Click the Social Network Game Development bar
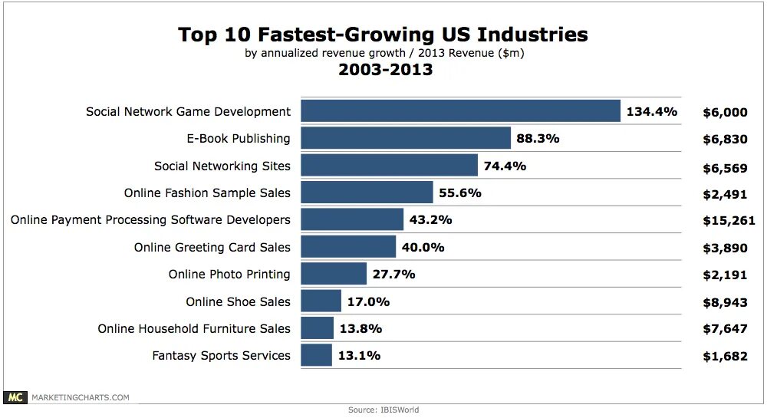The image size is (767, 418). pyautogui.click(x=460, y=111)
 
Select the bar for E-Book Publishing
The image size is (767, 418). pyautogui.click(x=406, y=139)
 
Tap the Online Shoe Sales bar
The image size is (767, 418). pyautogui.click(x=321, y=301)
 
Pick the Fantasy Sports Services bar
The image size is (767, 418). pyautogui.click(x=316, y=355)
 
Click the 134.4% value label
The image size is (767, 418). pyautogui.click(x=652, y=112)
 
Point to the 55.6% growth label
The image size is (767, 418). pyautogui.click(x=461, y=193)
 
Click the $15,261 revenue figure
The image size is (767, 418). pyautogui.click(x=725, y=220)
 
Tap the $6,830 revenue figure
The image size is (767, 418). pyautogui.click(x=725, y=140)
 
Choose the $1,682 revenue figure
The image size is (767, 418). pyautogui.click(x=725, y=356)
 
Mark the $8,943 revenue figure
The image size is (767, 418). pyautogui.click(x=725, y=301)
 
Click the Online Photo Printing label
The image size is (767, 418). pyautogui.click(x=229, y=274)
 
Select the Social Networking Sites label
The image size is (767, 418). pyautogui.click(x=222, y=166)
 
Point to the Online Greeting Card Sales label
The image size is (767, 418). pyautogui.click(x=212, y=247)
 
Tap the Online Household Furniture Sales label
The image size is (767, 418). pyautogui.click(x=194, y=328)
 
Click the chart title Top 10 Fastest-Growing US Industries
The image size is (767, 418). pyautogui.click(x=383, y=35)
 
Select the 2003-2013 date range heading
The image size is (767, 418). pyautogui.click(x=385, y=71)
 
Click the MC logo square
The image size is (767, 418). pyautogui.click(x=15, y=397)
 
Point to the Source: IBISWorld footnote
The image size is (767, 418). pyautogui.click(x=383, y=410)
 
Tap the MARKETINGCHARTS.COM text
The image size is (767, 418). pyautogui.click(x=80, y=397)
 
